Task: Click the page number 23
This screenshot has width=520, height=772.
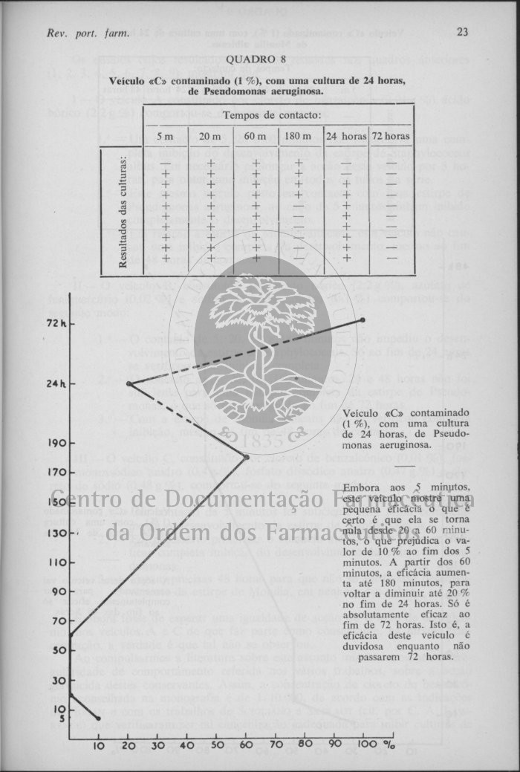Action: (x=462, y=32)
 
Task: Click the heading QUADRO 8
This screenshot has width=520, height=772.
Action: (x=256, y=59)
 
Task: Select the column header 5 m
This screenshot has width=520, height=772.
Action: (x=164, y=136)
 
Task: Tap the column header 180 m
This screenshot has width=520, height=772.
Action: (x=300, y=136)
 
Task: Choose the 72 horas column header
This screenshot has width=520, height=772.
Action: (x=391, y=136)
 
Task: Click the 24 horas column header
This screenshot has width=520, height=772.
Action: (x=345, y=136)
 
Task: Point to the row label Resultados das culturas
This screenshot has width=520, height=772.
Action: (x=123, y=212)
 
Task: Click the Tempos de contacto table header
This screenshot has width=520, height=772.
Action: (x=272, y=115)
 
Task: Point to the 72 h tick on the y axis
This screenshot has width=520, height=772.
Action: (x=56, y=324)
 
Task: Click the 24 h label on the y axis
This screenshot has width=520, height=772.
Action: (x=56, y=383)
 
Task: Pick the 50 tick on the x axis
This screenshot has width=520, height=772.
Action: (x=216, y=745)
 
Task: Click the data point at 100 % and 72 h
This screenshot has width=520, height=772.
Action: (x=363, y=320)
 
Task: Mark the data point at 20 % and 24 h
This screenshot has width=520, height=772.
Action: (x=129, y=383)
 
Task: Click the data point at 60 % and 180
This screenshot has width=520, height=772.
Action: (x=246, y=456)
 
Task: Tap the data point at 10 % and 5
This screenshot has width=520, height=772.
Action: (x=99, y=718)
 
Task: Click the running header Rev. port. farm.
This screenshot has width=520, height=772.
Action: (x=88, y=33)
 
